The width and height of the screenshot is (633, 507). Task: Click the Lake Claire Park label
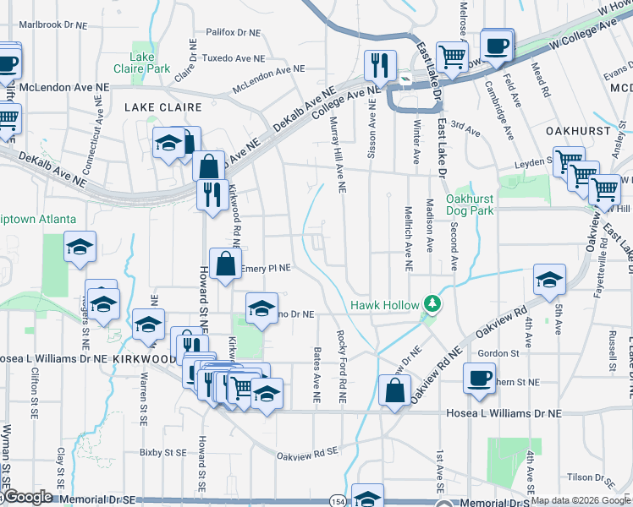click(145, 62)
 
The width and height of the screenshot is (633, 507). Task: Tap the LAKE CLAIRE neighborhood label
click(163, 107)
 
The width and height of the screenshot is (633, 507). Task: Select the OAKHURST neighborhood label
click(578, 132)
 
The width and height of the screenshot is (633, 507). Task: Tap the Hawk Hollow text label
click(385, 305)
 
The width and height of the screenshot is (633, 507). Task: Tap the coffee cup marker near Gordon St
click(480, 377)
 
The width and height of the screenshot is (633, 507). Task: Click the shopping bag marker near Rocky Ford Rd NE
click(395, 390)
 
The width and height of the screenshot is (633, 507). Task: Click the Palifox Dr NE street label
click(231, 33)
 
